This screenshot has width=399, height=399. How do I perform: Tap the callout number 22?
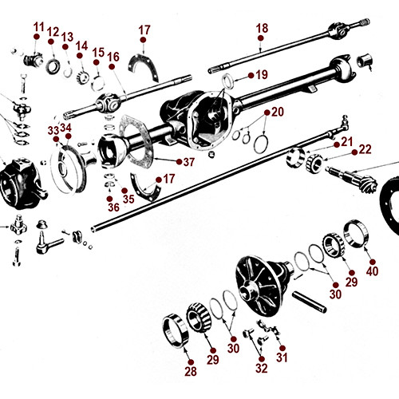point(365,148)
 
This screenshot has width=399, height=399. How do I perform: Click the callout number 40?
point(371,271)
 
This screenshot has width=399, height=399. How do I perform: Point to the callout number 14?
point(81,45)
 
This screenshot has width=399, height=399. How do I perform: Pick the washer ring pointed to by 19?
point(226,80)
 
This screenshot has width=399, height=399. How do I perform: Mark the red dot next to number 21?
point(335,142)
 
